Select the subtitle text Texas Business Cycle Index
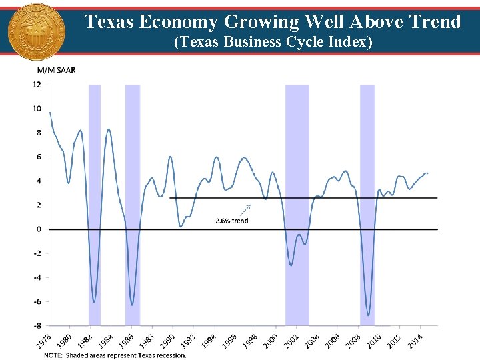pyautogui.click(x=273, y=43)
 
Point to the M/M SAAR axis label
pyautogui.click(x=56, y=71)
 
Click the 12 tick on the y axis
pyautogui.click(x=37, y=85)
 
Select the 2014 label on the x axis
pyautogui.click(x=416, y=341)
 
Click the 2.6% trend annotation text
pyautogui.click(x=231, y=220)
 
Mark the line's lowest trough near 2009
pyautogui.click(x=369, y=315)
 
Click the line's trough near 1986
pyautogui.click(x=132, y=305)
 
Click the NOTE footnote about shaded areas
pyautogui.click(x=115, y=355)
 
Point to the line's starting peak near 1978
pyautogui.click(x=50, y=113)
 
